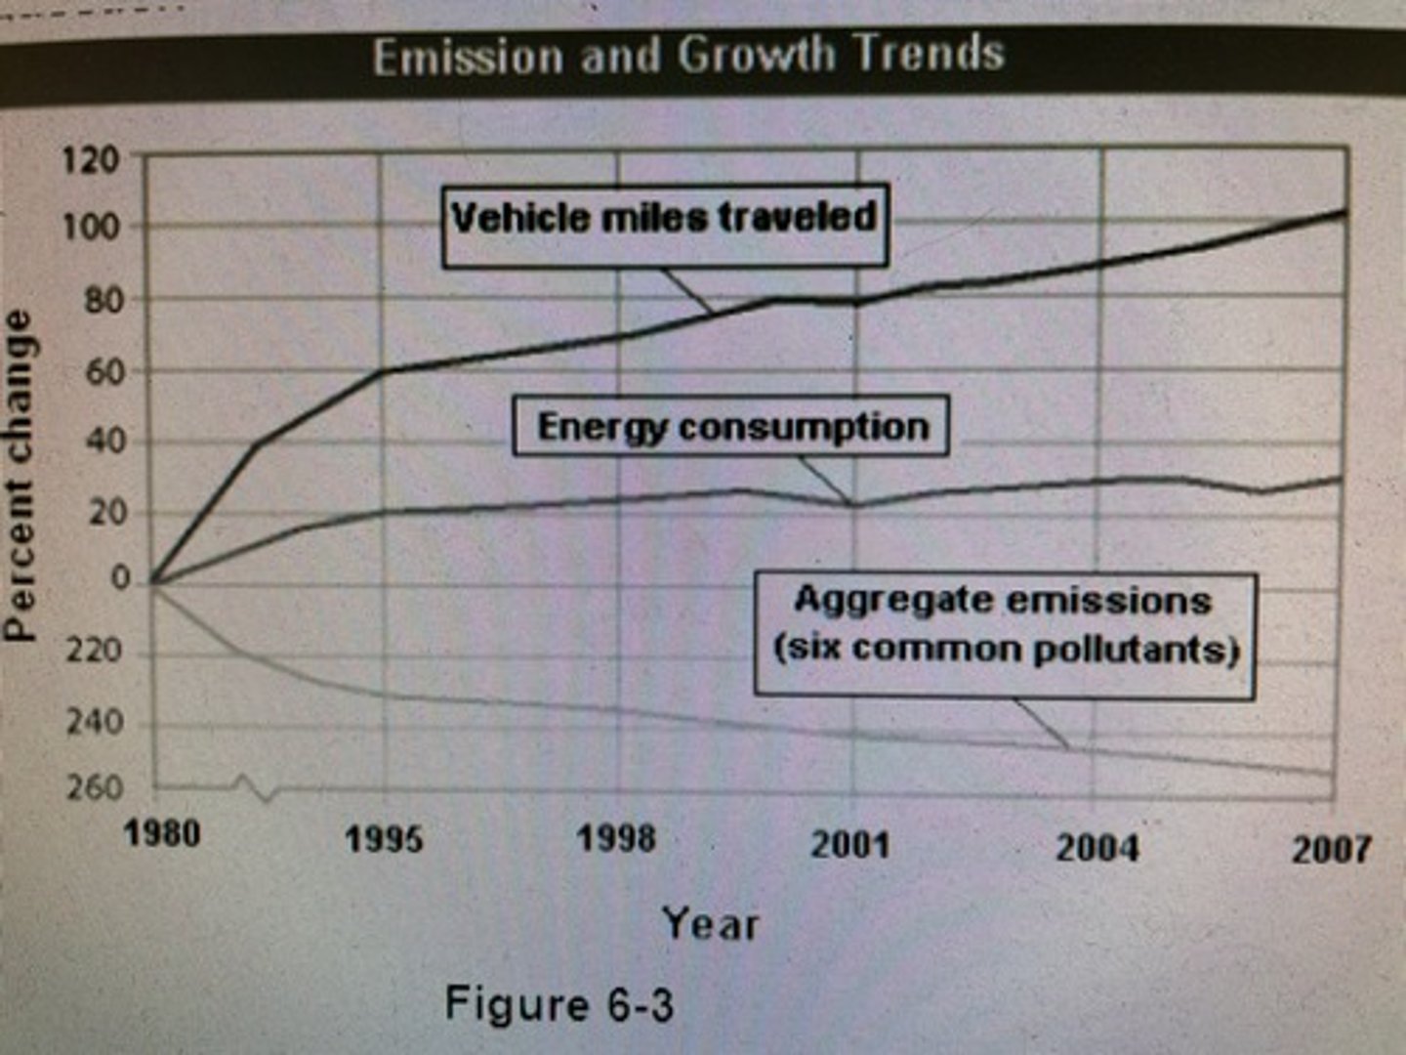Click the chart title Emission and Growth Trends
688,55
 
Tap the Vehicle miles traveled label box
664,225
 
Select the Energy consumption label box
730,426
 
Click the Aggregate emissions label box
1006,635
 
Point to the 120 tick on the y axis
90,159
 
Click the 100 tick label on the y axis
90,228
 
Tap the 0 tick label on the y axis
119,578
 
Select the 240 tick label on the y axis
95,722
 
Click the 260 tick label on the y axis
95,787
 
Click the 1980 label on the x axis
162,833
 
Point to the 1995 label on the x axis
384,839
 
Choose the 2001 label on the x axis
849,844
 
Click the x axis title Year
710,924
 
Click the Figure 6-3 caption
558,1004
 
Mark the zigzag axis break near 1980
254,787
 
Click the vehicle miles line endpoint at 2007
1345,211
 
